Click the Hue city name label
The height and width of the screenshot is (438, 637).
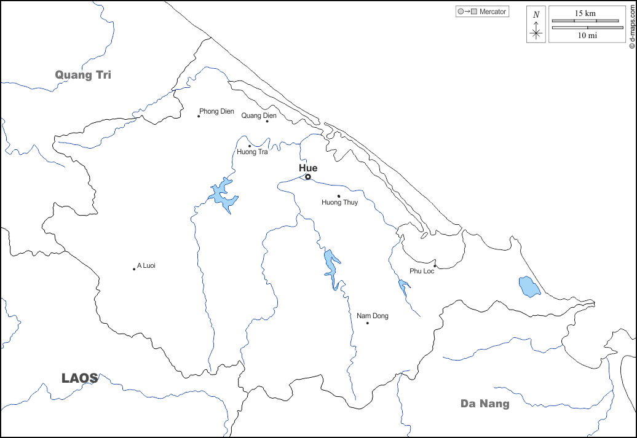click(x=308, y=168)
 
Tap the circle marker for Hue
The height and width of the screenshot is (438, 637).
click(x=308, y=177)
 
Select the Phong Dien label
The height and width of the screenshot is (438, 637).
click(x=217, y=111)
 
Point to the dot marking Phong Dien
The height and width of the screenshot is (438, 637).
click(x=199, y=116)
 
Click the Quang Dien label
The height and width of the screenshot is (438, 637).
click(x=259, y=115)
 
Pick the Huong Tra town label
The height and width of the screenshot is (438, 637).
click(x=252, y=152)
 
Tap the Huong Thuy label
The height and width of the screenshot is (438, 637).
click(x=339, y=202)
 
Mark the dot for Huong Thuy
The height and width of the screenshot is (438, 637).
click(x=339, y=196)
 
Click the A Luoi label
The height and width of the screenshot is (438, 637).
click(x=147, y=265)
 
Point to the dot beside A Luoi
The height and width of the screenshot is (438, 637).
click(x=134, y=268)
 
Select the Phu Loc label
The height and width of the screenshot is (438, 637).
click(x=422, y=271)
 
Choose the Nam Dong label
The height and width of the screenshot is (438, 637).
click(x=373, y=316)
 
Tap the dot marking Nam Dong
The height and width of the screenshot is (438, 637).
click(x=368, y=323)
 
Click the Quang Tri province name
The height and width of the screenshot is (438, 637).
click(x=83, y=75)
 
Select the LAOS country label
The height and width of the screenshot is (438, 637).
click(x=79, y=378)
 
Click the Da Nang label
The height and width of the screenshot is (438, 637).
click(x=485, y=404)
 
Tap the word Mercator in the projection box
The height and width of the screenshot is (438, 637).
click(x=493, y=12)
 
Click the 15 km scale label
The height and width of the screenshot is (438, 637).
click(x=585, y=13)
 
